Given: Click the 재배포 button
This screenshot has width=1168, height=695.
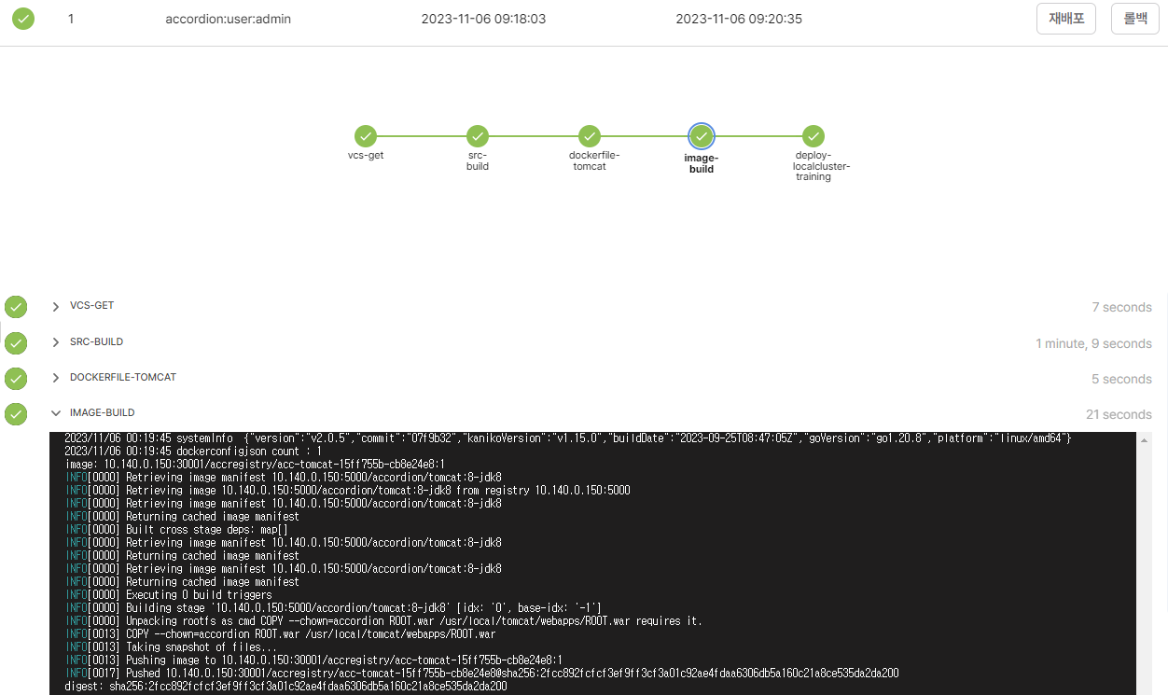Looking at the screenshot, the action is coord(1065,19).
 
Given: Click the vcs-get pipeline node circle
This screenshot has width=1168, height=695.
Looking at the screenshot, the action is coord(366,136).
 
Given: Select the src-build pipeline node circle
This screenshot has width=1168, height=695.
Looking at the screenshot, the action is coord(477,136).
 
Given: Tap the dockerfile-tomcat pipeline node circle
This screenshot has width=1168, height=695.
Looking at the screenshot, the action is coord(590,136).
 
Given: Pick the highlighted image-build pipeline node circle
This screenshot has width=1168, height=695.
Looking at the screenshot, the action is coord(702,136).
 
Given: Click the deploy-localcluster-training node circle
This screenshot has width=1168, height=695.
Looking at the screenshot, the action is coord(813,136).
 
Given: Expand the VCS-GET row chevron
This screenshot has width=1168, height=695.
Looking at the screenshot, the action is coord(56,307).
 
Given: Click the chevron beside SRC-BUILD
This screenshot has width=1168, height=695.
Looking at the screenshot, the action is coord(56,342).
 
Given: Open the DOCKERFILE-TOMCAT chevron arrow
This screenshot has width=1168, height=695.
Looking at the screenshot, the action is coord(56,378).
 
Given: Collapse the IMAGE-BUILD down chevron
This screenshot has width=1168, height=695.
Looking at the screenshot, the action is coord(56,413).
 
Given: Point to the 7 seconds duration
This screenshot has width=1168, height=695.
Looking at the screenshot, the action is coord(1121,307).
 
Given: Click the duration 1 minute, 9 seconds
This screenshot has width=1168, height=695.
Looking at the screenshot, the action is coord(1093,343).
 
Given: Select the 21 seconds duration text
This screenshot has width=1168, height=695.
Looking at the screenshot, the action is coord(1119,414).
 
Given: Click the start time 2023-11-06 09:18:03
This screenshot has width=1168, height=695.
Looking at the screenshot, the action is coord(483,19).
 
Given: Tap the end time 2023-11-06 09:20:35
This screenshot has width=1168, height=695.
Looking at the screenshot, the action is coord(739,19).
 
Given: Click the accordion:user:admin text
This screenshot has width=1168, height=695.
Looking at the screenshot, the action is coord(228,19).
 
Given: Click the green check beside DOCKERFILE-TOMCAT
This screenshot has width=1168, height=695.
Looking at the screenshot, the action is coord(16,379).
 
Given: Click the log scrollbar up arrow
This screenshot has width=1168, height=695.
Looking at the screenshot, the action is coord(1144,440).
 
